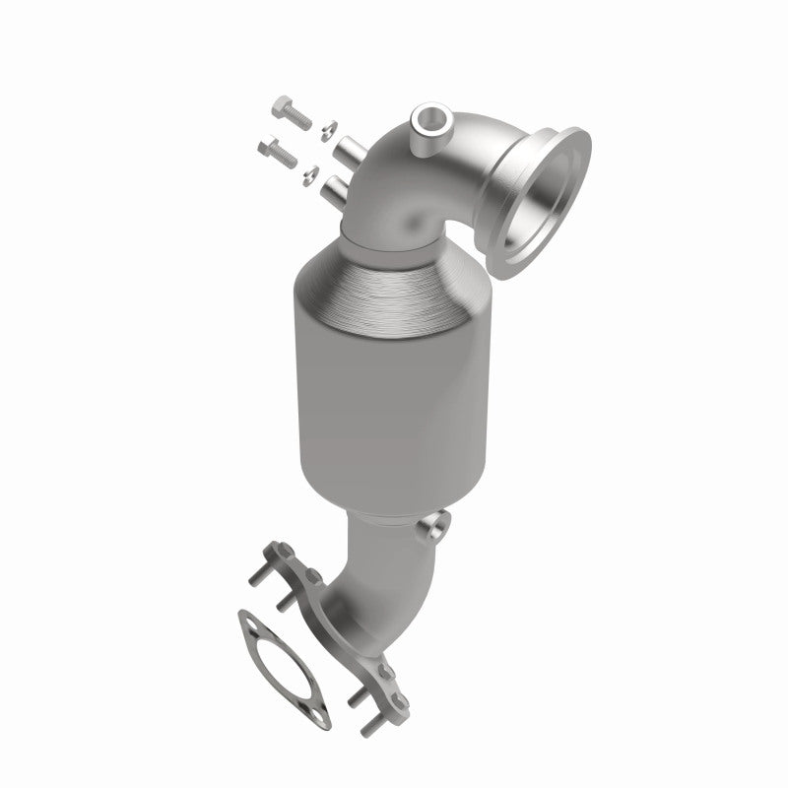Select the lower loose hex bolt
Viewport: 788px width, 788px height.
point(279,153)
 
